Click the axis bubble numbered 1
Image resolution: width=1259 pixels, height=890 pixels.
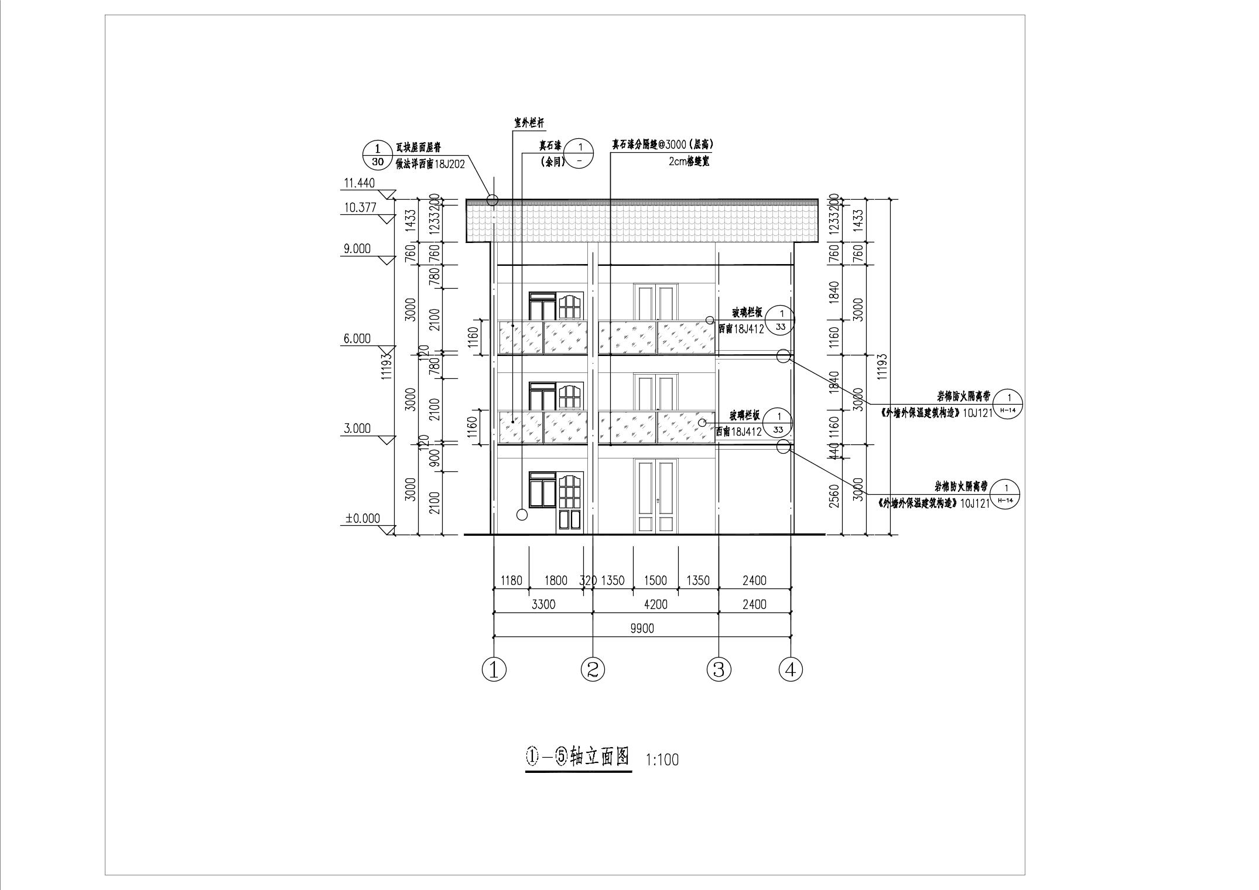pos(494,669)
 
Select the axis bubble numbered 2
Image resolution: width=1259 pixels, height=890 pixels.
pos(593,669)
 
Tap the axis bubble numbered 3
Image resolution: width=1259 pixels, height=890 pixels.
pos(719,669)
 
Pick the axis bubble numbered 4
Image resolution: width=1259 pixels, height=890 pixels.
pos(791,669)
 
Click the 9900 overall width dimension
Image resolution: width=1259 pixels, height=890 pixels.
pos(642,628)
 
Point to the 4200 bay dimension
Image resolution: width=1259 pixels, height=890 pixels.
pos(655,604)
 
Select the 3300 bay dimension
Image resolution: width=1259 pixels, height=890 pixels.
pos(543,604)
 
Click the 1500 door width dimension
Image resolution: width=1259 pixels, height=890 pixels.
pos(655,580)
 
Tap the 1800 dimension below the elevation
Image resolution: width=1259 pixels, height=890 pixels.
pos(556,580)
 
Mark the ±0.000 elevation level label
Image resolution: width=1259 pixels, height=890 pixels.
pos(362,518)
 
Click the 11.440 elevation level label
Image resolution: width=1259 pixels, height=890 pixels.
pos(358,183)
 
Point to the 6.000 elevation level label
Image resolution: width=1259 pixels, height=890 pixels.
pos(357,338)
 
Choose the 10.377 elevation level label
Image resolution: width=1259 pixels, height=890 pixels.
pos(360,207)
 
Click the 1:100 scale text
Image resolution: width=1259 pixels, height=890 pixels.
pos(662,760)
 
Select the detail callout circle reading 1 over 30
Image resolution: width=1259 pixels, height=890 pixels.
pos(377,155)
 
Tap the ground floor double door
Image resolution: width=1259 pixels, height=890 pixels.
pos(656,497)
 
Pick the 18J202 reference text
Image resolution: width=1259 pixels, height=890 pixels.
pos(449,165)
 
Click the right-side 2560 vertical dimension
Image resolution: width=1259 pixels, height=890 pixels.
pos(835,496)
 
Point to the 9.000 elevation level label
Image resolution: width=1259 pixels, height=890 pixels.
pos(357,249)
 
